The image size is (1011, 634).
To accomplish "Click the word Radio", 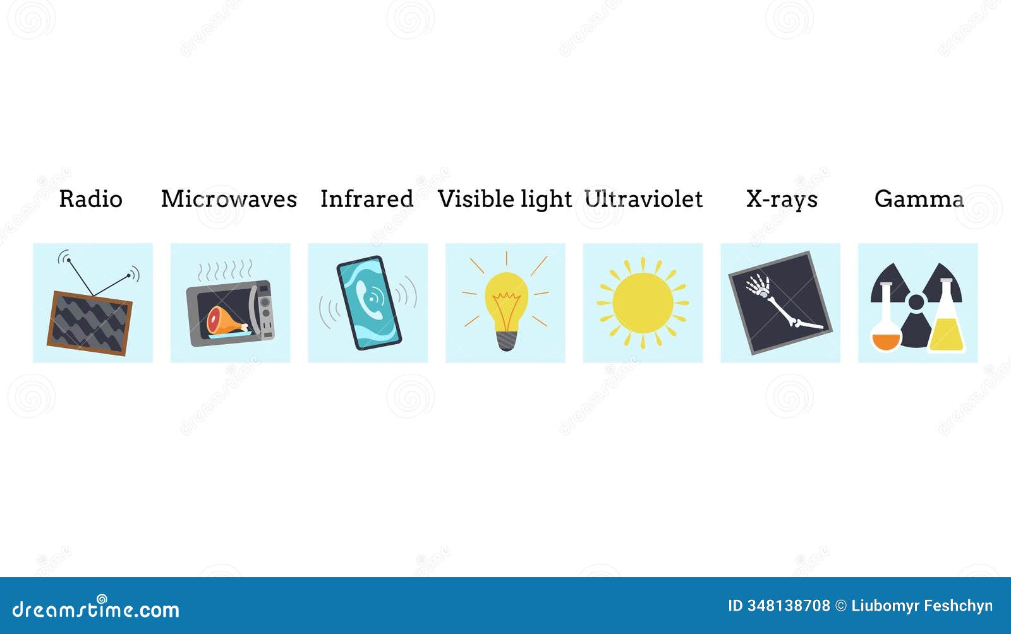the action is click(x=91, y=199).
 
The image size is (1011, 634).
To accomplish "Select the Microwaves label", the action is click(x=229, y=199).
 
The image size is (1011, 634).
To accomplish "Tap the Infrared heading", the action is click(x=367, y=199).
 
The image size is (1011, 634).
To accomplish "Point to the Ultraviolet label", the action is click(x=643, y=199).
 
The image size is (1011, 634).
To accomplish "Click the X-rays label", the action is click(x=782, y=200).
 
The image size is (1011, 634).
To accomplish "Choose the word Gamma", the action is click(x=919, y=199).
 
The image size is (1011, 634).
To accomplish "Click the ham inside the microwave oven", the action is click(x=226, y=321).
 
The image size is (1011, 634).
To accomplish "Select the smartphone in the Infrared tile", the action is click(x=369, y=302).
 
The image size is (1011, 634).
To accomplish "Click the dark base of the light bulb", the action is click(x=506, y=340).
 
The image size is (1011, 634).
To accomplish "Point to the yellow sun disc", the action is click(x=643, y=302).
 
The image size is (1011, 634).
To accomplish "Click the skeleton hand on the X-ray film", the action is click(x=758, y=285).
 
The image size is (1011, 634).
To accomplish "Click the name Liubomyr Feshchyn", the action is click(x=922, y=606).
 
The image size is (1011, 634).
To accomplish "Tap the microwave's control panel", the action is click(x=265, y=311).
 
